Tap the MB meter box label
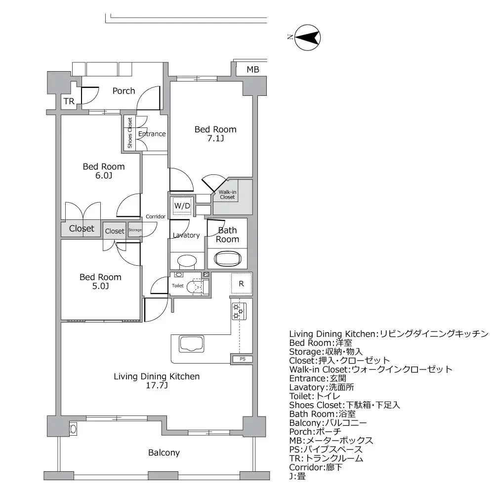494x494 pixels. click(x=253, y=70)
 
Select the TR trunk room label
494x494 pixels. click(x=69, y=102)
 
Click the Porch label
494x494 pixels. click(x=123, y=91)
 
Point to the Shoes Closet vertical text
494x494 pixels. click(x=130, y=133)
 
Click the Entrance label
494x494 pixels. click(x=152, y=134)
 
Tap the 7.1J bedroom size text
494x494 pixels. click(x=215, y=139)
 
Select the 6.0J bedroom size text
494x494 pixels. click(x=103, y=176)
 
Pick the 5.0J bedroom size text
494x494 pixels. click(x=100, y=287)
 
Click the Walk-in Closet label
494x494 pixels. click(x=227, y=194)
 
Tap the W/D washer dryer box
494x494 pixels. click(x=181, y=206)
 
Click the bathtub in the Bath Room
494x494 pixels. click(x=228, y=258)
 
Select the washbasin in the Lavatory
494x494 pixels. click(x=186, y=260)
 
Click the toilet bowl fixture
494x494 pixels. click(x=196, y=286)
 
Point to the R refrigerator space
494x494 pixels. click(x=242, y=284)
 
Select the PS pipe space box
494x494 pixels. click(x=242, y=359)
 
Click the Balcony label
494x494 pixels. click(x=164, y=453)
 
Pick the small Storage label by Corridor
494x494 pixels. click(x=135, y=230)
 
